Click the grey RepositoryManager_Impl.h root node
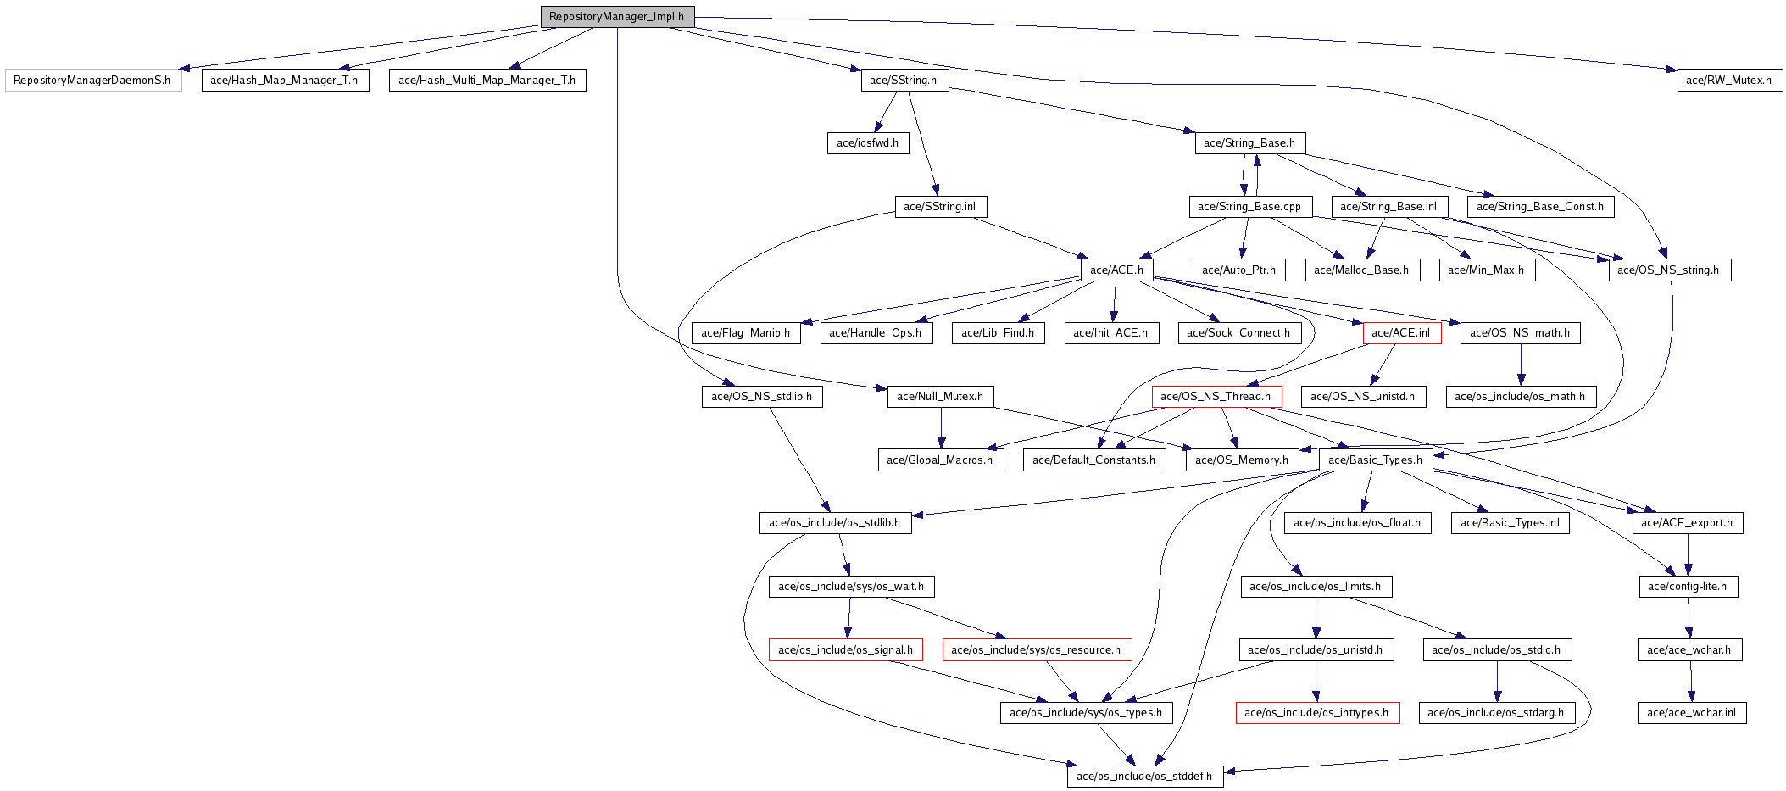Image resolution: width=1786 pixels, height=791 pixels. pos(617,17)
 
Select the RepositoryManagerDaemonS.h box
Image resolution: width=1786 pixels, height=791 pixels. pos(92,81)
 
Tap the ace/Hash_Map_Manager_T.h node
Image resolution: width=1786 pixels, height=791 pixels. pos(285,81)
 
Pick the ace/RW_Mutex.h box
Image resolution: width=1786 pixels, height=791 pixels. pos(1728,81)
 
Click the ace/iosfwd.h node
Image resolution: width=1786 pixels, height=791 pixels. pos(867,143)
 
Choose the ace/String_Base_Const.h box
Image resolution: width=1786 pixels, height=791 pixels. pos(1539,207)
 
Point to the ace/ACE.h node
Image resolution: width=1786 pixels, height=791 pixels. pos(1116,270)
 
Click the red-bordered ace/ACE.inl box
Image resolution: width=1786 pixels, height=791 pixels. pos(1401,333)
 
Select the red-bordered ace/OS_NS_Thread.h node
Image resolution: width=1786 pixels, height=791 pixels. pos(1216,397)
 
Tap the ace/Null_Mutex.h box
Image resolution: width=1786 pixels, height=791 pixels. pos(940,397)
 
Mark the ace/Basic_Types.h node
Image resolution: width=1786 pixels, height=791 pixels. pos(1375,460)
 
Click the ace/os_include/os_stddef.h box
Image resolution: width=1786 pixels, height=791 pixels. pos(1144,777)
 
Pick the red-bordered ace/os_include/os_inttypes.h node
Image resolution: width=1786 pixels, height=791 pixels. pos(1316,713)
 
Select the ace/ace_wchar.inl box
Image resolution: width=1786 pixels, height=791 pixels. pos(1691,713)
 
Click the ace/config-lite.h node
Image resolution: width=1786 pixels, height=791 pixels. pos(1688,587)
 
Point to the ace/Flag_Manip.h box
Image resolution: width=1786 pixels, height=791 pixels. pos(745,333)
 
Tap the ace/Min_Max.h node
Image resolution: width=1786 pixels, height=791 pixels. pos(1486,270)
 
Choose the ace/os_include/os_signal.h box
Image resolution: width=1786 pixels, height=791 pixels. pos(845,650)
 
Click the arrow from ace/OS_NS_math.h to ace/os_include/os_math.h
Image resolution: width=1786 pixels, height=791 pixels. pos(1520,365)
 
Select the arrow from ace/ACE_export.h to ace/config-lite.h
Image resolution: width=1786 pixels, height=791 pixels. pos(1688,555)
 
